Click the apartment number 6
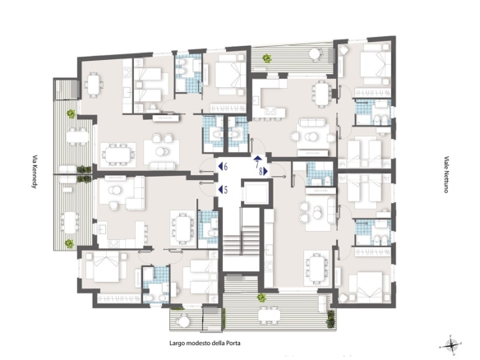click(225, 167)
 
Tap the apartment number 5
click(225, 190)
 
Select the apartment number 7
click(257, 164)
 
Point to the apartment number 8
click(261, 172)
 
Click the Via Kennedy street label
click(35, 171)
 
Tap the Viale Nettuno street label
click(446, 174)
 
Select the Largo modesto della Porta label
click(205, 344)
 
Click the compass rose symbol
click(450, 345)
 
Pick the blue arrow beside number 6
click(220, 167)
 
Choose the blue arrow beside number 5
click(220, 190)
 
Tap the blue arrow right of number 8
click(265, 172)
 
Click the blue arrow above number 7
click(257, 159)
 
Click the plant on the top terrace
click(267, 58)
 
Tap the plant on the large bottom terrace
click(261, 297)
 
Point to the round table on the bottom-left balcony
click(185, 321)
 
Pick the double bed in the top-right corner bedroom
click(375, 64)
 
